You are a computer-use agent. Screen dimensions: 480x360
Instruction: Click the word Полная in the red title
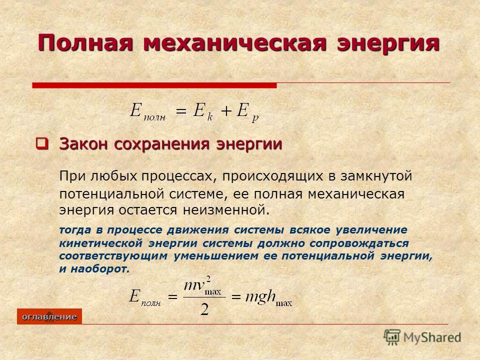[x=85, y=43]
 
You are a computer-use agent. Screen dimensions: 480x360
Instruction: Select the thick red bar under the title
[x=154, y=85]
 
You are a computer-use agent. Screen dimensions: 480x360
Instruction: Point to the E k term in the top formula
[x=202, y=111]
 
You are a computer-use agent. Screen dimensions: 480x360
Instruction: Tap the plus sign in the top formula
[x=225, y=111]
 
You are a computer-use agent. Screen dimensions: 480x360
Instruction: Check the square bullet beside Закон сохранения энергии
[x=42, y=143]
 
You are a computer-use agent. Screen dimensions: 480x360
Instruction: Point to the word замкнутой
[x=376, y=176]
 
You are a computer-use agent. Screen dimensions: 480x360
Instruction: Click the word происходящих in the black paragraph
[x=272, y=176]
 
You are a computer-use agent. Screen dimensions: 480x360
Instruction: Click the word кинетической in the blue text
[x=100, y=243]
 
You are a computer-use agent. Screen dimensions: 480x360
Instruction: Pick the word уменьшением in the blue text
[x=216, y=256]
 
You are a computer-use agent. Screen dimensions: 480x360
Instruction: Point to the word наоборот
[x=100, y=269]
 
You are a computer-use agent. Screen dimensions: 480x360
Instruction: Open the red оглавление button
[x=49, y=316]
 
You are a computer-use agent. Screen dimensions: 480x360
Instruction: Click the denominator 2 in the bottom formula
[x=204, y=309]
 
